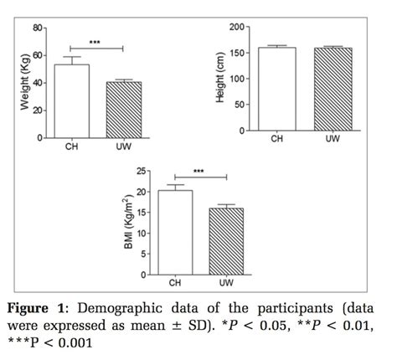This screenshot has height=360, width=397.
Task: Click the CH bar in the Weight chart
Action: (72, 101)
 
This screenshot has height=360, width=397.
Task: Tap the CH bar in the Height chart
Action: (276, 90)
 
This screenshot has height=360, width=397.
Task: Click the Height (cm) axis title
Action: (219, 80)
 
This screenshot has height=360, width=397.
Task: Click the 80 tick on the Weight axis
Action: (37, 28)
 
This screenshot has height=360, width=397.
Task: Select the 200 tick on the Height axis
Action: (237, 28)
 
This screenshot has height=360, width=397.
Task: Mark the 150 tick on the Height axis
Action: (237, 54)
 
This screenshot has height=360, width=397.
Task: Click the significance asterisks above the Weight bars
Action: (95, 40)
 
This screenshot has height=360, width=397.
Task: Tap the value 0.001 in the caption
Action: (98, 342)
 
